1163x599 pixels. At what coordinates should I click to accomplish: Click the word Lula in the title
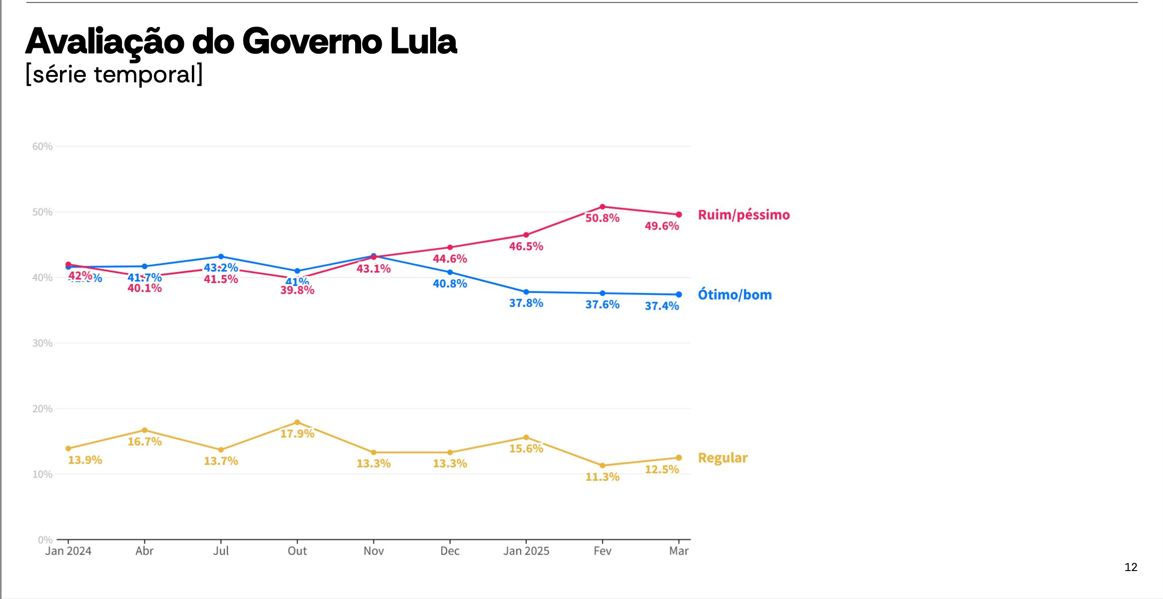pyautogui.click(x=423, y=41)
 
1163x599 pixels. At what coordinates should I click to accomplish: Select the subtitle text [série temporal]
pyautogui.click(x=114, y=74)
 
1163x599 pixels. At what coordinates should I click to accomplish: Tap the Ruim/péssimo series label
pyautogui.click(x=743, y=215)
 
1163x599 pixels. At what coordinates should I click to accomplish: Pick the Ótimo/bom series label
pyautogui.click(x=734, y=295)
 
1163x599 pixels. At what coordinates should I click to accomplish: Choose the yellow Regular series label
pyautogui.click(x=722, y=458)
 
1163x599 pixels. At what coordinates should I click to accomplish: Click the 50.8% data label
pyautogui.click(x=602, y=218)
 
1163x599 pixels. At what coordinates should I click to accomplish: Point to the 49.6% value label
pyautogui.click(x=661, y=226)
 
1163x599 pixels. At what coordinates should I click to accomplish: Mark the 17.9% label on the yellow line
pyautogui.click(x=297, y=434)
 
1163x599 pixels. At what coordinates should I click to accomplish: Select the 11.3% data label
pyautogui.click(x=602, y=477)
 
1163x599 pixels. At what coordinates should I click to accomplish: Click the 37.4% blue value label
pyautogui.click(x=661, y=306)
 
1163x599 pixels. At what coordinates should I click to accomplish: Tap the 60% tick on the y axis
pyautogui.click(x=42, y=147)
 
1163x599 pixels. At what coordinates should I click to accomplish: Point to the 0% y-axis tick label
pyautogui.click(x=45, y=540)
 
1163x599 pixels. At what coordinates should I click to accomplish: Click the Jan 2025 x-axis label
pyautogui.click(x=526, y=551)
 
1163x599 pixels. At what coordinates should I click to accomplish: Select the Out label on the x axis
pyautogui.click(x=297, y=551)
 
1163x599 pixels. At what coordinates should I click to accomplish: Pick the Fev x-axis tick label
pyautogui.click(x=602, y=551)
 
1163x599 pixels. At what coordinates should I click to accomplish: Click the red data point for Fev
pyautogui.click(x=602, y=207)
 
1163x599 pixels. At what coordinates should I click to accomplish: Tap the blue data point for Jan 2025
pyautogui.click(x=526, y=292)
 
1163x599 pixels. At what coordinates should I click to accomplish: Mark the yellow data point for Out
pyautogui.click(x=297, y=422)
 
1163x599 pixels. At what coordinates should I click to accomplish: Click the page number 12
pyautogui.click(x=1131, y=567)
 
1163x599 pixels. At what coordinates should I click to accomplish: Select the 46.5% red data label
pyautogui.click(x=526, y=247)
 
